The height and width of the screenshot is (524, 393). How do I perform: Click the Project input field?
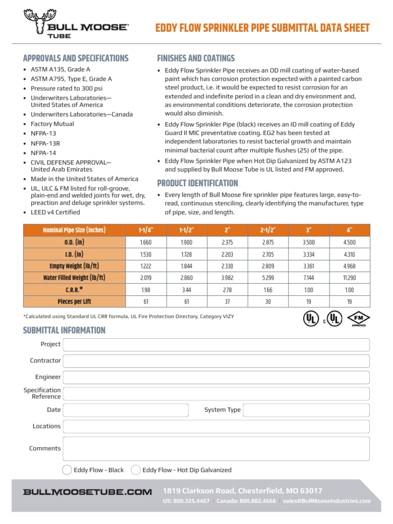(x=216, y=344)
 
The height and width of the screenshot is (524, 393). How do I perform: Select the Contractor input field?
(x=216, y=361)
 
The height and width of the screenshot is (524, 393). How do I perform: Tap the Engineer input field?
(x=216, y=377)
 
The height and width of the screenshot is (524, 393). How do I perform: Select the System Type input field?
(x=306, y=410)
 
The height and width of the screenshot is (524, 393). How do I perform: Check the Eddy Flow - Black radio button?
(x=67, y=470)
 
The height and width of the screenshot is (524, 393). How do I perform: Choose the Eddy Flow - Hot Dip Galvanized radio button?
(x=136, y=470)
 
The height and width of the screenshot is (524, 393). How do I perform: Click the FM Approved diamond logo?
(x=358, y=319)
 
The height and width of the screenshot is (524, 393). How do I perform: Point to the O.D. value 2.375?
(x=228, y=242)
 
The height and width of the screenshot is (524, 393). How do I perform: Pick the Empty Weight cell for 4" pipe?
(x=350, y=266)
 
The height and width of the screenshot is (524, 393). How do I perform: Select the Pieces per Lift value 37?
(x=228, y=302)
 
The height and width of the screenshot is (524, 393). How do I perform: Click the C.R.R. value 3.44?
(x=186, y=290)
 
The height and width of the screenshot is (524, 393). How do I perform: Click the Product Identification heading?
(x=198, y=183)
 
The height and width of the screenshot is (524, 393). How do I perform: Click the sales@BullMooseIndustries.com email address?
(x=326, y=501)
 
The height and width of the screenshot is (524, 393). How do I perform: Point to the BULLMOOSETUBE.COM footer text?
(x=88, y=492)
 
